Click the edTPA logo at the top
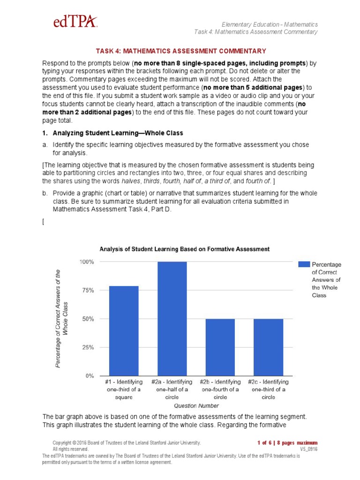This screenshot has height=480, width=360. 75,21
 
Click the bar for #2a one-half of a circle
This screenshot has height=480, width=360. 172,319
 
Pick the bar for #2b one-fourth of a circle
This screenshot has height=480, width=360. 220,347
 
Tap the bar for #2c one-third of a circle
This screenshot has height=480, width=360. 269,347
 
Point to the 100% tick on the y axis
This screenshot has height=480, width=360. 87,262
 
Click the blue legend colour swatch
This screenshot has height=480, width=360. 304,264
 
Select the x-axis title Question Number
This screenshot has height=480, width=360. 196,405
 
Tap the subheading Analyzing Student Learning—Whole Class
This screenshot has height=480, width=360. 117,133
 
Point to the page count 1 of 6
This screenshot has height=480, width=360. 266,442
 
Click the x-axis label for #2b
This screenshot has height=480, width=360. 220,390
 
